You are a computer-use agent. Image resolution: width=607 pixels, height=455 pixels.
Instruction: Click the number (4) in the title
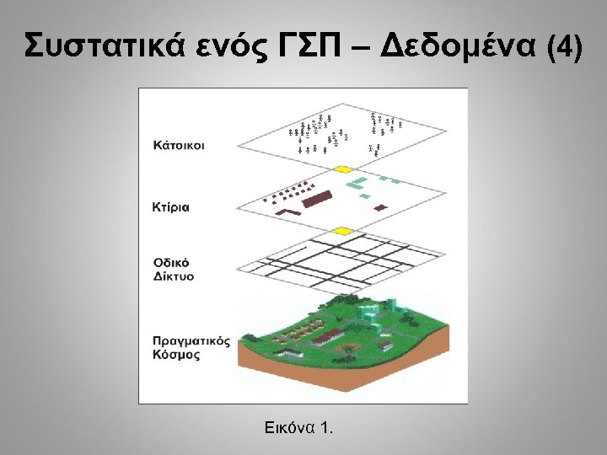tap(564, 47)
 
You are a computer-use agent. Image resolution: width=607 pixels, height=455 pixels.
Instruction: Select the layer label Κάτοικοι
tap(179, 145)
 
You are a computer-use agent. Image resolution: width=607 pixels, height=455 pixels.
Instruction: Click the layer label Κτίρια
tap(171, 206)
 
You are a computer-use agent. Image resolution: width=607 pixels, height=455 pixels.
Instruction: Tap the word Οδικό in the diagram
tap(170, 262)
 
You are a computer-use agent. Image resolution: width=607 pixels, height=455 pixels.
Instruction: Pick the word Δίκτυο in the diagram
tap(174, 276)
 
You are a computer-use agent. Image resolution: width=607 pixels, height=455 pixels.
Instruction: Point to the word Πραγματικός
tap(191, 341)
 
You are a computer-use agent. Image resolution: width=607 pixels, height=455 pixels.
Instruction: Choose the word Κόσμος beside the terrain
tap(176, 355)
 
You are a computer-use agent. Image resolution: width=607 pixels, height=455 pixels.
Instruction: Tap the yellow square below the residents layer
tap(343, 169)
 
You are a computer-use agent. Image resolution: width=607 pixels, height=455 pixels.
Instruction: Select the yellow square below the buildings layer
tap(341, 231)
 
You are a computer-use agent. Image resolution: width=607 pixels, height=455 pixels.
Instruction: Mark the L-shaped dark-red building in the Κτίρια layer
tap(291, 211)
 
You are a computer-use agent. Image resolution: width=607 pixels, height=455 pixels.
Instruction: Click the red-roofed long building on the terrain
tap(326, 337)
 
